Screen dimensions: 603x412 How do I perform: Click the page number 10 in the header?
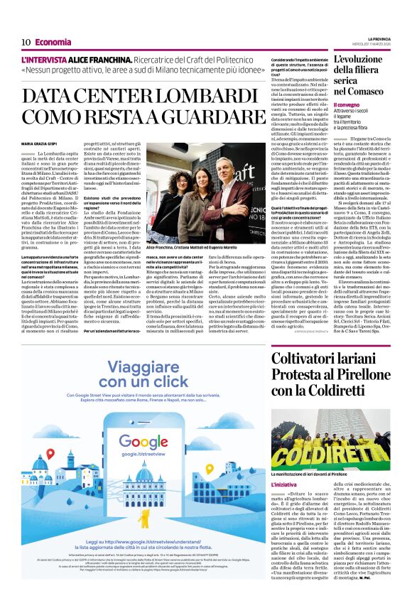[25, 42]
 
